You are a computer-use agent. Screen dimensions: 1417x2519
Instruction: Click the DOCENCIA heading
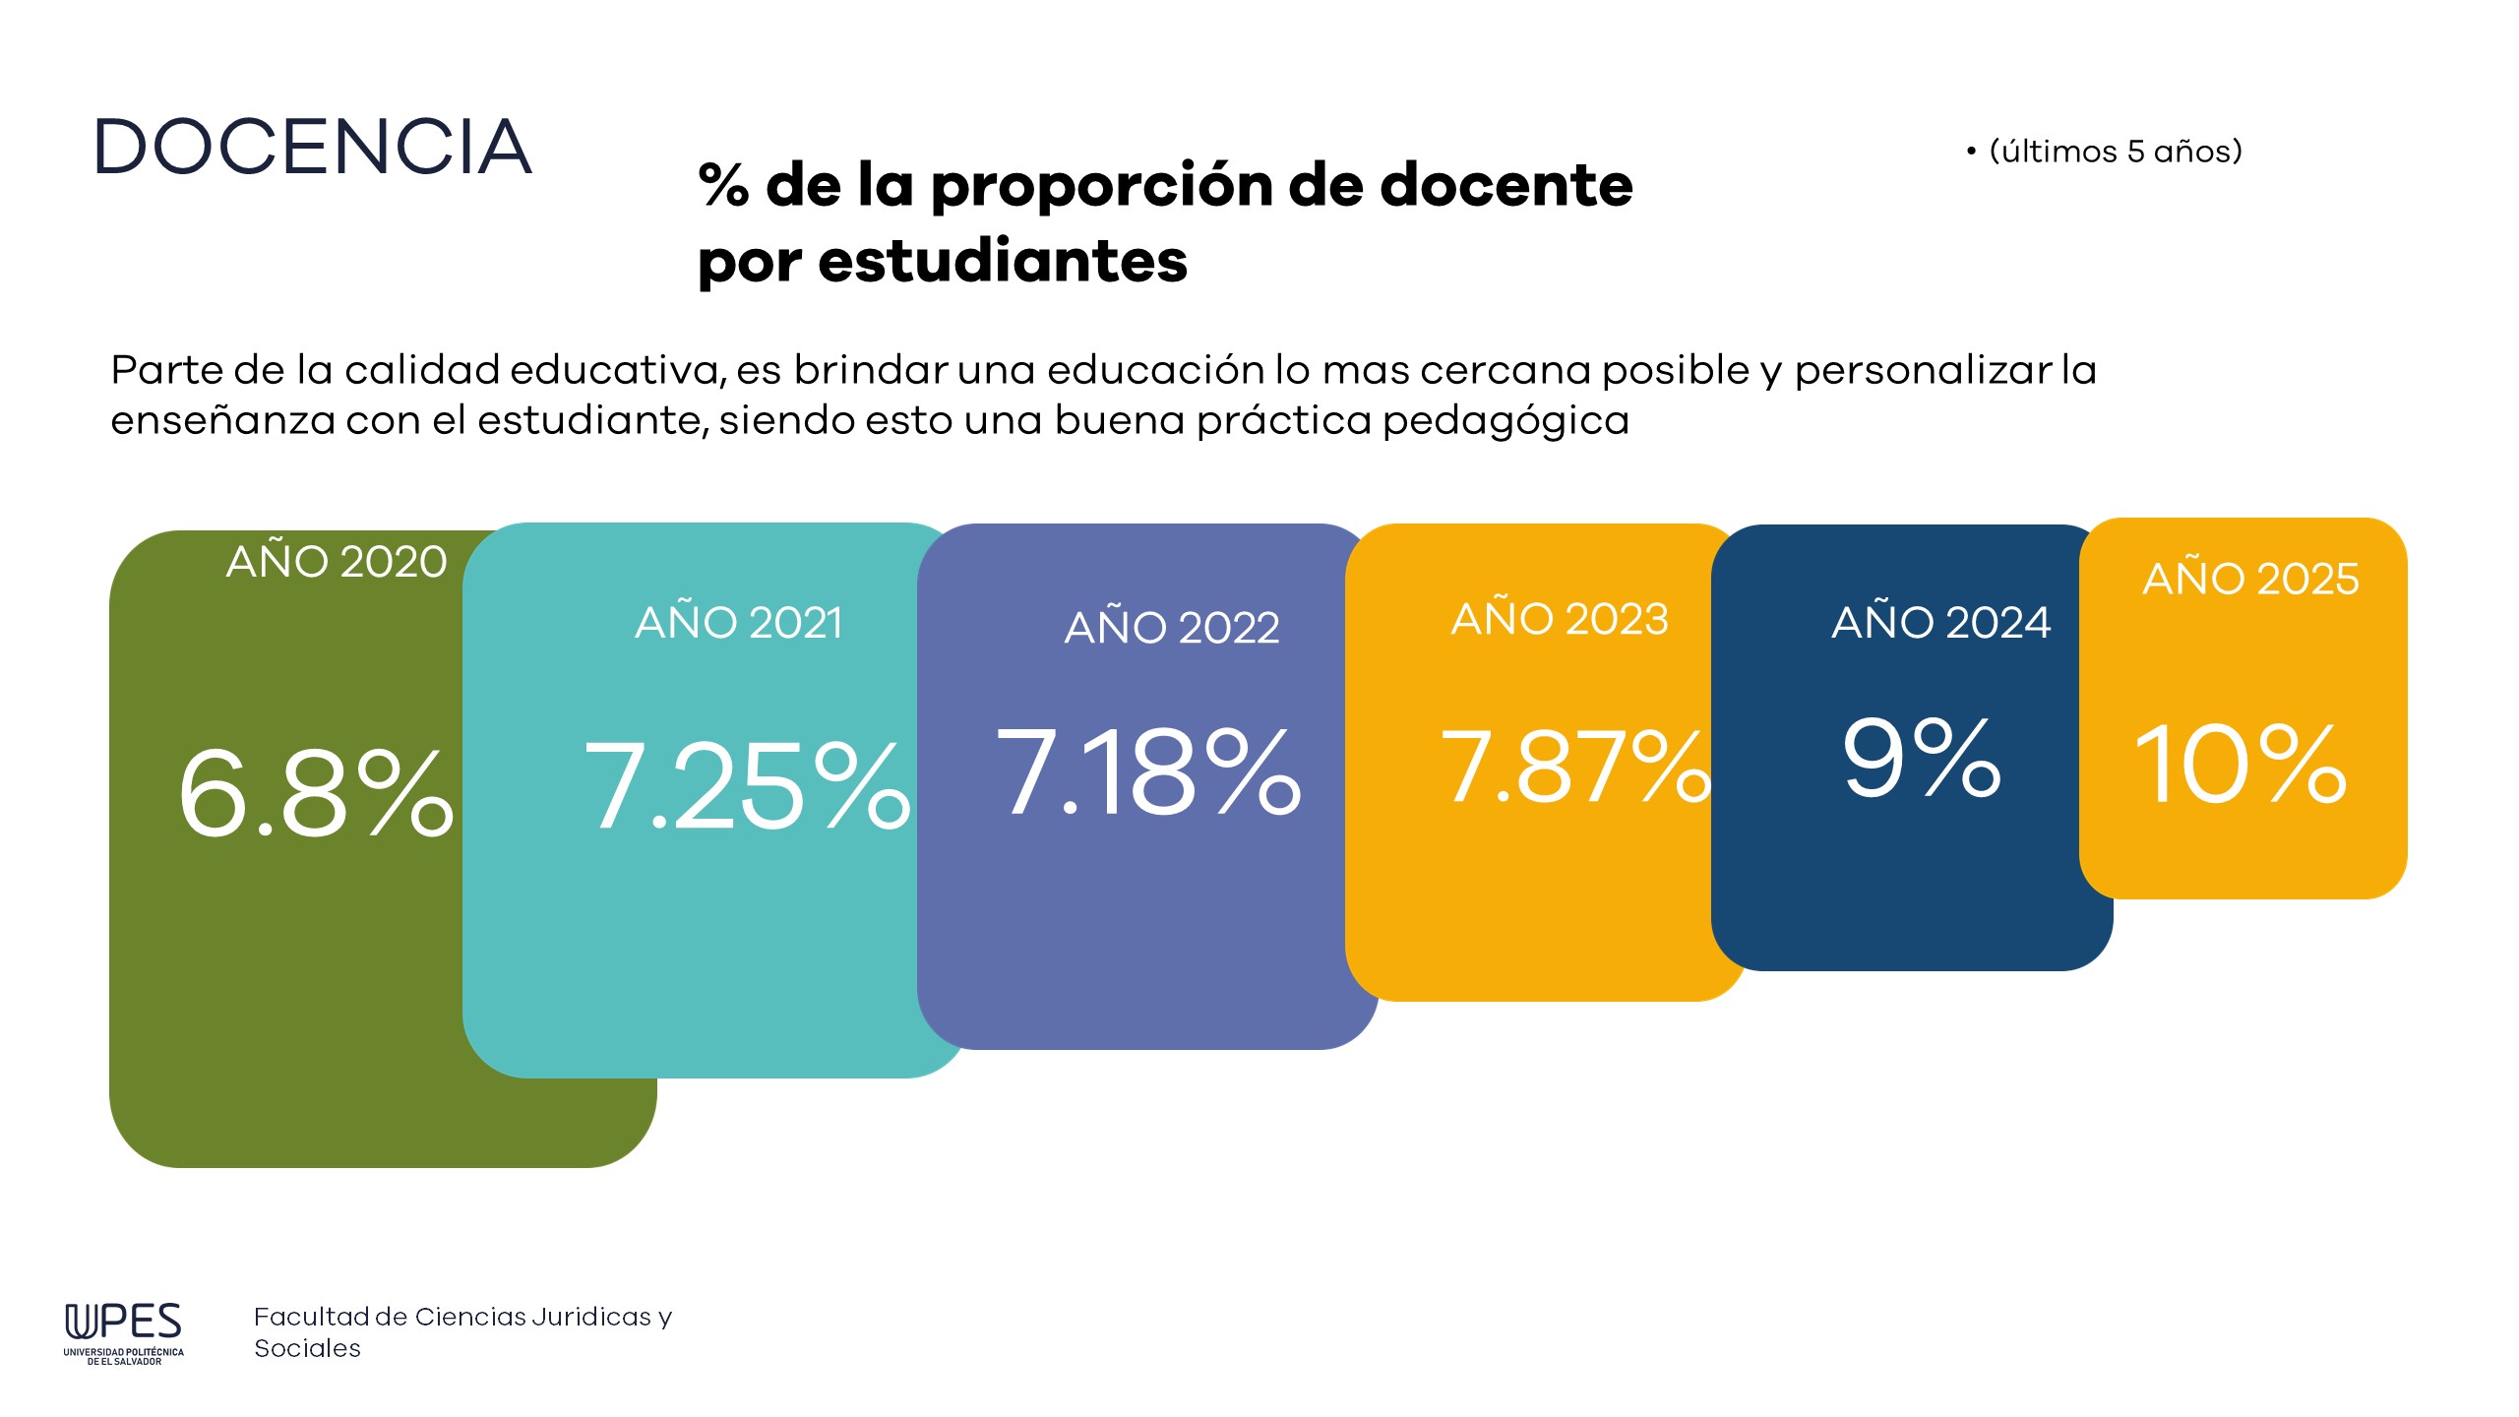[313, 148]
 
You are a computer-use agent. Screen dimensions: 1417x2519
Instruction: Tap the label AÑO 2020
[337, 562]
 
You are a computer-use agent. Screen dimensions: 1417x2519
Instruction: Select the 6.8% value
[315, 793]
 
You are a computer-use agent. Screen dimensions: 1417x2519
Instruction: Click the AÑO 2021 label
[739, 623]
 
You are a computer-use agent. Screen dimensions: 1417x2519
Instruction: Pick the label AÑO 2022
[1172, 628]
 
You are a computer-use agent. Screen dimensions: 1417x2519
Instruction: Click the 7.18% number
[1148, 773]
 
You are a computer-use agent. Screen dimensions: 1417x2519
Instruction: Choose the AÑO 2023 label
[1560, 619]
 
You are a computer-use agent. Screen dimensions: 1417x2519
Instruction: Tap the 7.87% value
[1574, 768]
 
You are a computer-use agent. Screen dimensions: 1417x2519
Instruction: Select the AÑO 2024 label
[1940, 623]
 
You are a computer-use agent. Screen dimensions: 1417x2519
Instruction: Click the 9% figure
[1921, 759]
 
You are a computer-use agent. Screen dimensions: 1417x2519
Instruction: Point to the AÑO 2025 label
[2250, 579]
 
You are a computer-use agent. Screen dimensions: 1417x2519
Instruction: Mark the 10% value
[2240, 765]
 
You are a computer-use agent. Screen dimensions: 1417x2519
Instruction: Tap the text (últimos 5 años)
[2115, 152]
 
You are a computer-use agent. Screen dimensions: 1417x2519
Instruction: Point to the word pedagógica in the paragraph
[1505, 421]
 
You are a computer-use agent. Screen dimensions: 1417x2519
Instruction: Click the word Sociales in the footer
[307, 1349]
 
